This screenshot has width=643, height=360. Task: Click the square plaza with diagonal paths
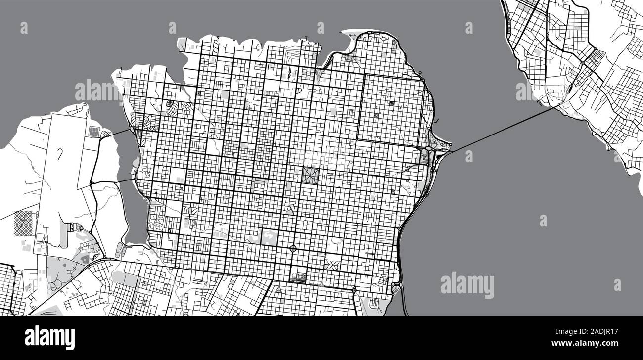coord(311,175)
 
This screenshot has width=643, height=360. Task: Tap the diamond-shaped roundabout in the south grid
coord(293,248)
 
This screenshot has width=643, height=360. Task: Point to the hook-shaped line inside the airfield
coord(61,154)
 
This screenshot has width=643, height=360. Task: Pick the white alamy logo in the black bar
coord(49,338)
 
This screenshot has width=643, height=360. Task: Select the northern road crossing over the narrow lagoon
coord(117,133)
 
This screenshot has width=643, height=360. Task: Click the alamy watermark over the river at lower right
coord(466,285)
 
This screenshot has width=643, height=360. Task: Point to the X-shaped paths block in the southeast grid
coord(331,264)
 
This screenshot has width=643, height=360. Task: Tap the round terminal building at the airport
coord(79,228)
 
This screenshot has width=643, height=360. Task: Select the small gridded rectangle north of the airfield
coord(93,132)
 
